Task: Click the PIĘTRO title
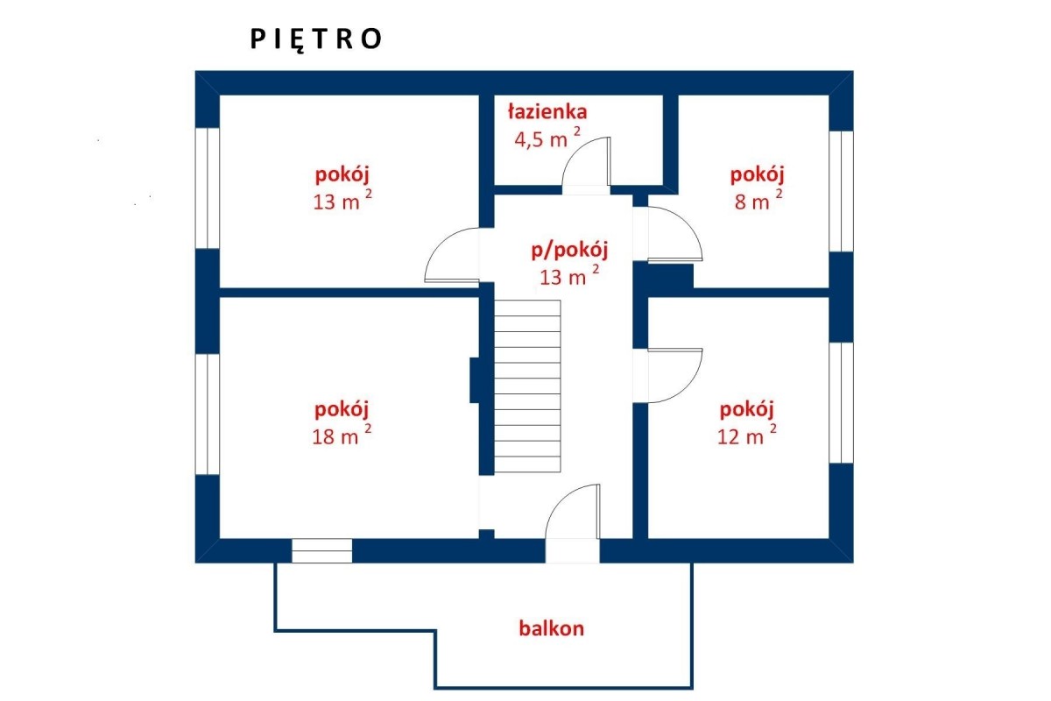tap(316, 39)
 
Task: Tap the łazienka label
tap(547, 112)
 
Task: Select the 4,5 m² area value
tap(547, 138)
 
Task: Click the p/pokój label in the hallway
tap(569, 251)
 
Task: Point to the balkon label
tap(551, 628)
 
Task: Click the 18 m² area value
tap(342, 435)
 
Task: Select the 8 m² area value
tap(758, 201)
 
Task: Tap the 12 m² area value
tap(746, 435)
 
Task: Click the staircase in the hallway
tap(527, 386)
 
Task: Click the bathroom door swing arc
tap(578, 149)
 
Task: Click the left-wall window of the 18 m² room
tap(208, 414)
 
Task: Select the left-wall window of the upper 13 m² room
tap(208, 188)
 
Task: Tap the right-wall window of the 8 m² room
tap(841, 192)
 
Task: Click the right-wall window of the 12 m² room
tap(841, 403)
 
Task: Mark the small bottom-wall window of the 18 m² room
tap(322, 551)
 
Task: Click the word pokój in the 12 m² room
tap(746, 410)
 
